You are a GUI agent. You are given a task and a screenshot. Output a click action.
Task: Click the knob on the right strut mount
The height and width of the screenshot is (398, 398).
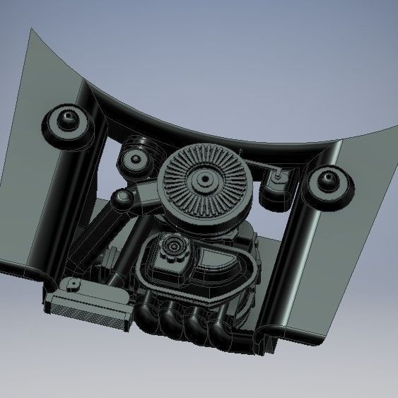(x=329, y=177)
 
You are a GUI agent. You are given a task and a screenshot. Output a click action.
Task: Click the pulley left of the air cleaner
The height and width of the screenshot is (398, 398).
(x=134, y=158)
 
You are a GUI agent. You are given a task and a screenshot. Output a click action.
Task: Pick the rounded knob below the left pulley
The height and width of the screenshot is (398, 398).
(x=121, y=199)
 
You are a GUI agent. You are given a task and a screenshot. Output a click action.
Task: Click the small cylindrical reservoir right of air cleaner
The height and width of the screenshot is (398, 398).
(x=276, y=187)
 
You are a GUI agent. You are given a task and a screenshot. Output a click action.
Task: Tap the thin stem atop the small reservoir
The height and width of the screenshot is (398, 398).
(x=280, y=172)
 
